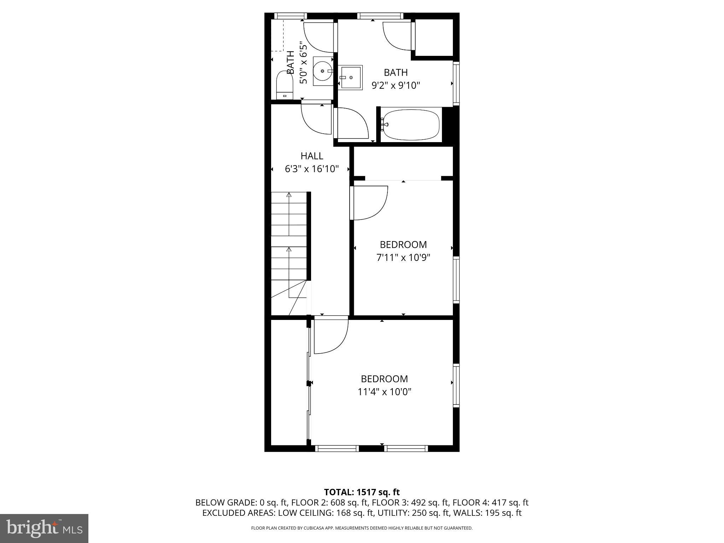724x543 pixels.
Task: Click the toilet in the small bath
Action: (285, 85)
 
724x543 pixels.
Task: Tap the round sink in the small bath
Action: (323, 71)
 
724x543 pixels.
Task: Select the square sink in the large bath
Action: (350, 77)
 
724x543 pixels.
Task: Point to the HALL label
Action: (312, 156)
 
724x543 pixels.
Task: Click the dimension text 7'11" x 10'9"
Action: (403, 258)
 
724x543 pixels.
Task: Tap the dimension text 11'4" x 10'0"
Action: (385, 392)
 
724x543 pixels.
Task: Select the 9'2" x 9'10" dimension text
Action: (396, 86)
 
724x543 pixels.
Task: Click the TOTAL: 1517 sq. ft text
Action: (362, 492)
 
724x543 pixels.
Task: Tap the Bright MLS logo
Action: (44, 529)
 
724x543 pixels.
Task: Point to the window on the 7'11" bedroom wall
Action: (456, 280)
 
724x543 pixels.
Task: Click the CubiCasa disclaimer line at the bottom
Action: (362, 528)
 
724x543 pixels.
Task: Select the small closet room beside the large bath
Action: (434, 37)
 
